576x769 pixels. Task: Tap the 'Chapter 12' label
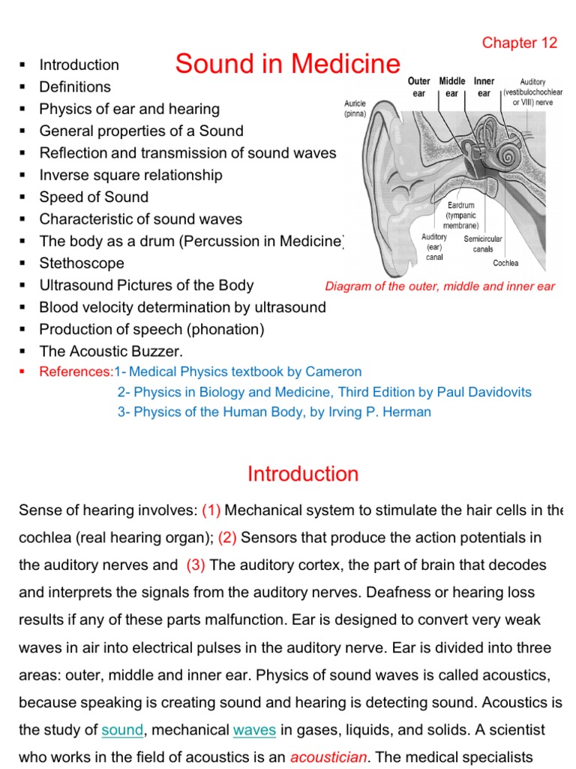520,43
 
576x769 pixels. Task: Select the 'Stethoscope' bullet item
82,264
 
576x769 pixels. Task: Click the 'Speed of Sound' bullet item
94,198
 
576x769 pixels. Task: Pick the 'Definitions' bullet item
75,87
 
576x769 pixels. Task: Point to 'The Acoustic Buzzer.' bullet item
111,351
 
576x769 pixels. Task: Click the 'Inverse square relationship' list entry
130,176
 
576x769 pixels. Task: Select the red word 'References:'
76,372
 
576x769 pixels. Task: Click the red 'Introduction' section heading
303,475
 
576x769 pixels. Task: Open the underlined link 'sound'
121,730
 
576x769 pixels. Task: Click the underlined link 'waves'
254,730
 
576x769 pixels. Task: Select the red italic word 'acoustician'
328,757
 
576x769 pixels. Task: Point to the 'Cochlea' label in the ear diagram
505,264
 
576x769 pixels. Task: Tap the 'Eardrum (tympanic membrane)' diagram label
460,215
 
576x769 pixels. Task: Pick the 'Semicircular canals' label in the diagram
483,243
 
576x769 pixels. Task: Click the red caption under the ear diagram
439,286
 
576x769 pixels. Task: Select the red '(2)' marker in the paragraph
227,538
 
